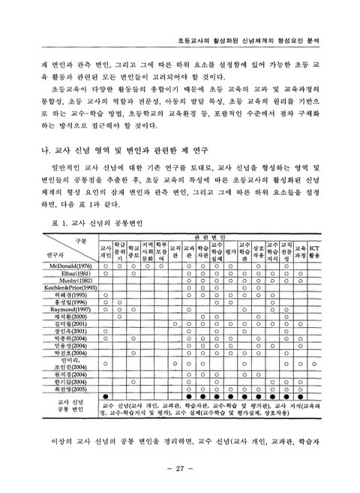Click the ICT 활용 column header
tap(315, 250)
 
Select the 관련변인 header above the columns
tap(214, 236)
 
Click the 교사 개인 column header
tap(106, 250)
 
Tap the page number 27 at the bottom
tap(180, 468)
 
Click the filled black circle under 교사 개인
tap(106, 396)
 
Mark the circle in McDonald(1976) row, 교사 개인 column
tap(106, 266)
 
